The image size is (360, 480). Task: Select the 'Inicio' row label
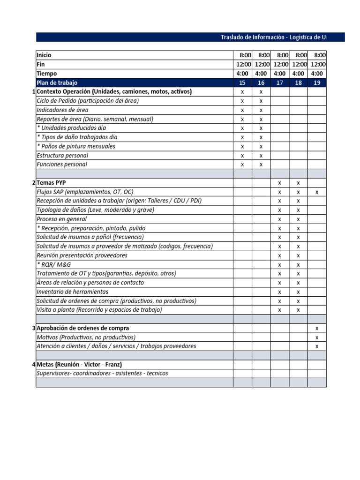click(44, 55)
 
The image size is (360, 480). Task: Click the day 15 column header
click(242, 82)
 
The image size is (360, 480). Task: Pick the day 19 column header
click(317, 82)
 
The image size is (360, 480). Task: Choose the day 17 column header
click(279, 82)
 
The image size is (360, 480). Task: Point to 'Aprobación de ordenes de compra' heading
click(82, 328)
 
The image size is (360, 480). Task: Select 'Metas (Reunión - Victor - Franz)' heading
click(79, 364)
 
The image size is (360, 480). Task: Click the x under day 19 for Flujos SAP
click(317, 192)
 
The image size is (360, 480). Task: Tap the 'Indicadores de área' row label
click(62, 110)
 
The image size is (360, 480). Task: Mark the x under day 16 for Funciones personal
click(261, 165)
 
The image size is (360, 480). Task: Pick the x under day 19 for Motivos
click(317, 337)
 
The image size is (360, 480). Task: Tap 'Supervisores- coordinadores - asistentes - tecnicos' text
click(102, 374)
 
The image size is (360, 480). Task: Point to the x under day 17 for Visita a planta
click(279, 310)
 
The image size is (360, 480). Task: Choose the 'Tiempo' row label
click(47, 74)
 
